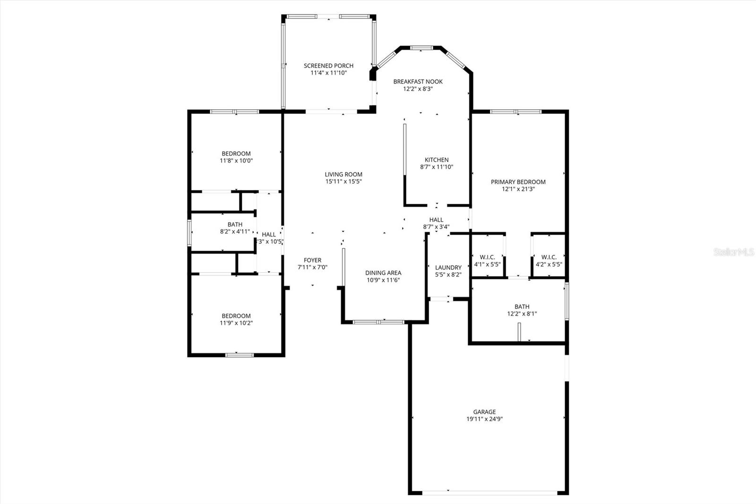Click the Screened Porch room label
[x=328, y=66]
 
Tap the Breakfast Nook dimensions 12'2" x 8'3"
[x=418, y=88]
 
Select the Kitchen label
[x=437, y=160]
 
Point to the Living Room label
[x=344, y=174]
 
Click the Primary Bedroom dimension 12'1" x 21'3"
[x=518, y=189]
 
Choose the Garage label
[x=484, y=412]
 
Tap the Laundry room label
[x=448, y=268]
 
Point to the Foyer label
[x=312, y=260]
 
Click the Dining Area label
[x=383, y=273]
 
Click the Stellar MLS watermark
[x=734, y=252]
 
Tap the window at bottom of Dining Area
[x=379, y=322]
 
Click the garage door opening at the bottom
[x=490, y=492]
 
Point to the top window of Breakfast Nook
[x=421, y=47]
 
